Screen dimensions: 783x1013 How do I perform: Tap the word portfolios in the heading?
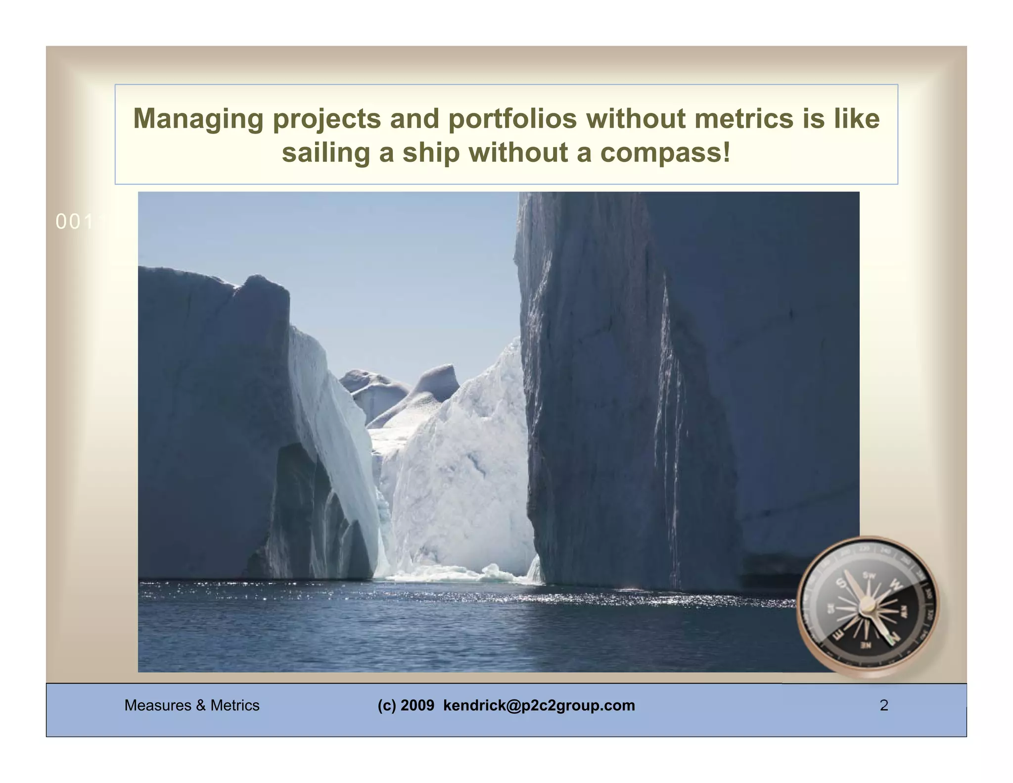[512, 119]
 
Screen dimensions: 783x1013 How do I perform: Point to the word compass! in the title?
[665, 152]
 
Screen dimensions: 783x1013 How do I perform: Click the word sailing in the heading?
[326, 152]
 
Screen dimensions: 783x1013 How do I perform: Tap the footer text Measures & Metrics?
[192, 705]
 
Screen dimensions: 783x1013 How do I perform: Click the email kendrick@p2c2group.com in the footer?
[539, 705]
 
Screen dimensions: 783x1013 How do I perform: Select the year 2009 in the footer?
[417, 705]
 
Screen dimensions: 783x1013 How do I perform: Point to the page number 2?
[884, 705]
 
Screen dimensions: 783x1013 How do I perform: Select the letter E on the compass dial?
[838, 635]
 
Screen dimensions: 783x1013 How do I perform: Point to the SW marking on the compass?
[869, 575]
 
